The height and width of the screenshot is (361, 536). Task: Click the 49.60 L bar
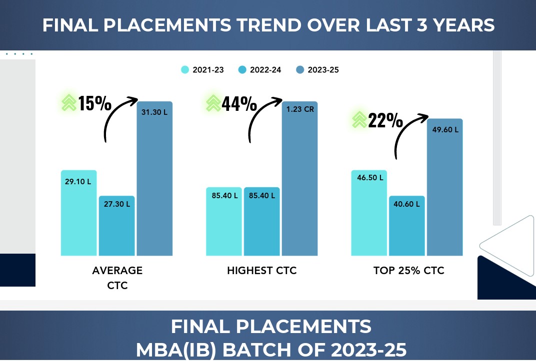click(444, 187)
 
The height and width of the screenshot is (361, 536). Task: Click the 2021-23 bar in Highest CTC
click(224, 222)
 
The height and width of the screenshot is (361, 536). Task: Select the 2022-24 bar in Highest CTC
click(262, 222)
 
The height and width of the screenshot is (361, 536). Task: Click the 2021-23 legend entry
click(202, 70)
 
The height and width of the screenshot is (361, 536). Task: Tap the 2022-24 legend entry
click(260, 70)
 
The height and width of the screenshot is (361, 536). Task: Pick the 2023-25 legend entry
click(317, 70)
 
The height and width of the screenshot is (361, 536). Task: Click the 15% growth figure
click(94, 103)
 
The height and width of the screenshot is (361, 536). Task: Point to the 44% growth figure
click(239, 104)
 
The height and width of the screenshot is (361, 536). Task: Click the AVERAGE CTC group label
click(117, 278)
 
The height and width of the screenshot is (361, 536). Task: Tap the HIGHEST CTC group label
click(261, 271)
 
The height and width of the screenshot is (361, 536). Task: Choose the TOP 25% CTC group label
click(408, 271)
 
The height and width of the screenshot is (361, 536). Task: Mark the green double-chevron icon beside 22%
click(359, 120)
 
